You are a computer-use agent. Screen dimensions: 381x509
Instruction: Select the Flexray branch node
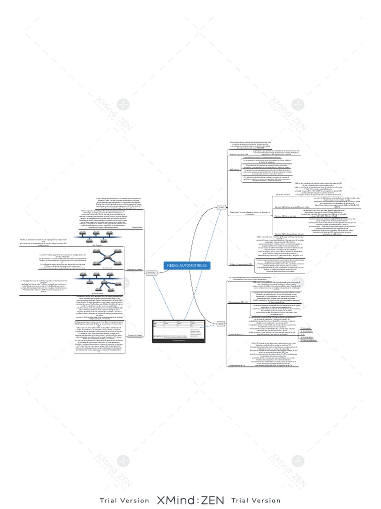pos(152,272)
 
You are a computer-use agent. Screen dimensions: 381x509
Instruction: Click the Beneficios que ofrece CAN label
pos(239,155)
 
